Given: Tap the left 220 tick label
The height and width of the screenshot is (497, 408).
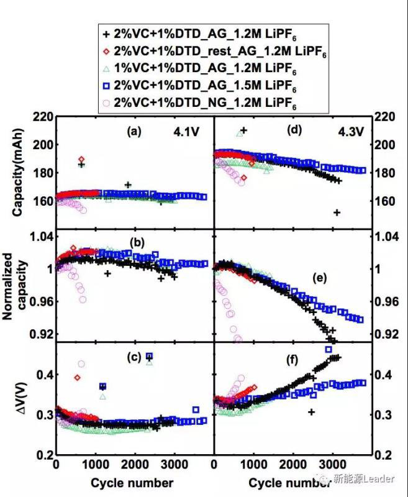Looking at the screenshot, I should point(42,116).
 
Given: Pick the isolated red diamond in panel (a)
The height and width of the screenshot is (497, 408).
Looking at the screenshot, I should point(81,160).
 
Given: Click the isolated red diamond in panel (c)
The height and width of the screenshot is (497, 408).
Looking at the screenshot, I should point(78,377).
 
